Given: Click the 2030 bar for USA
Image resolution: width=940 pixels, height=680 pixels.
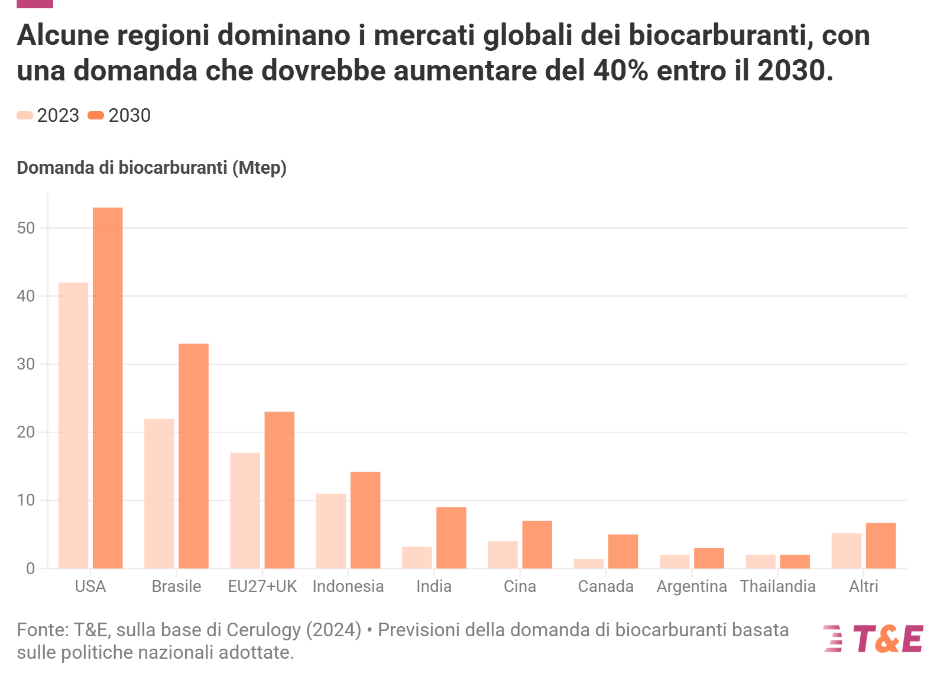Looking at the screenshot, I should tap(108, 388).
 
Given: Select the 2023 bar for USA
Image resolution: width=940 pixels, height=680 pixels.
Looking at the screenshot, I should tap(73, 425).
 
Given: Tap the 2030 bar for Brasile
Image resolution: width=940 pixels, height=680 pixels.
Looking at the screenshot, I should tap(193, 456).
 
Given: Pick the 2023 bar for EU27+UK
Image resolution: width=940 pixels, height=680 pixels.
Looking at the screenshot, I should tap(245, 510).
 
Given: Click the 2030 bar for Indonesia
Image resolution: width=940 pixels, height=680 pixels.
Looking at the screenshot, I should tap(365, 520).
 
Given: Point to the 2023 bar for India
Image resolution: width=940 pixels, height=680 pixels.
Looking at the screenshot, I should tap(417, 558).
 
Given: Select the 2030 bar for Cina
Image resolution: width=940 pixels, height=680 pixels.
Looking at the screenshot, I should tap(537, 545).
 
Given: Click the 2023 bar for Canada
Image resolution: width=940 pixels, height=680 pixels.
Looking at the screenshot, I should tap(589, 564).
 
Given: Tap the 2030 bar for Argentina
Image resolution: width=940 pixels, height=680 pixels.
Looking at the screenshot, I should tap(709, 558).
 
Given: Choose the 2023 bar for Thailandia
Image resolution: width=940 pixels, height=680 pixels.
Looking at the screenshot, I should tap(760, 562).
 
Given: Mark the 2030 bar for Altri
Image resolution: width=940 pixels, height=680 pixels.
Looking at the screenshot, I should tap(881, 545).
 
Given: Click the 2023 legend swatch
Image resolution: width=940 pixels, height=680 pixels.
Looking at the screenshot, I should tap(25, 115).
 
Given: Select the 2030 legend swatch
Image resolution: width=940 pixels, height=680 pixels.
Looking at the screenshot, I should tap(96, 115).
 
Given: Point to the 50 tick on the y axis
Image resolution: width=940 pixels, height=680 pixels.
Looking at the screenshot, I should tap(27, 228).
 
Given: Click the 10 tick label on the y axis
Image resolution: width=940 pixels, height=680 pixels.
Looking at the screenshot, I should tap(27, 500).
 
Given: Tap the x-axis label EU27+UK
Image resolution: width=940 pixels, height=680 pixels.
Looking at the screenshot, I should tap(262, 587).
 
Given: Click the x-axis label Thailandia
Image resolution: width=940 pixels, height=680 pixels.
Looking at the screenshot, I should tap(777, 587).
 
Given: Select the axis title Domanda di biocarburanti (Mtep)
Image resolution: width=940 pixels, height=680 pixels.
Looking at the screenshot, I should tap(151, 168).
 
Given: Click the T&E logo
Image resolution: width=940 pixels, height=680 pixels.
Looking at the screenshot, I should tap(873, 639).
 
